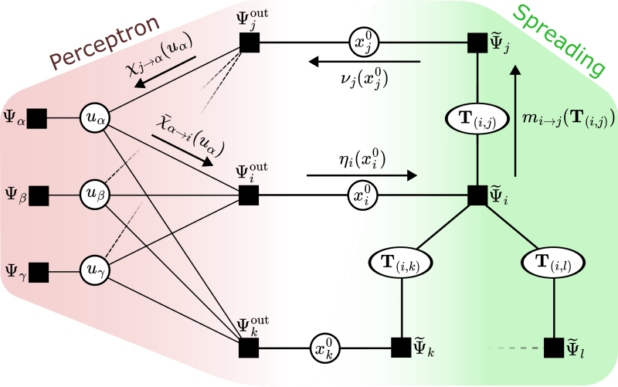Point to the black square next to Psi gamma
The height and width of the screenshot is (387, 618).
point(36,271)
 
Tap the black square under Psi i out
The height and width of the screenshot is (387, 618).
point(249,195)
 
